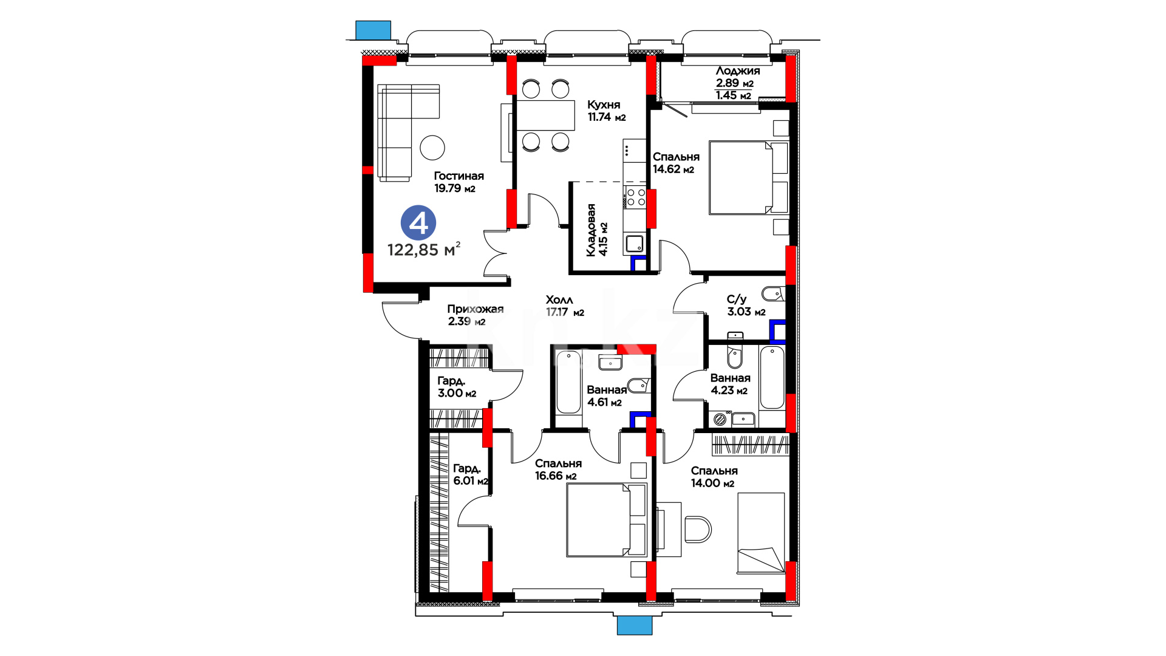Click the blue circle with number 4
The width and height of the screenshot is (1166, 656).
[418, 223]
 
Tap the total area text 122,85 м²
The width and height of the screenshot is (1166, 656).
[424, 249]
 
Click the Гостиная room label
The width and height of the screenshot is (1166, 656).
[459, 176]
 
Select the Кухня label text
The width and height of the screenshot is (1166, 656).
[604, 104]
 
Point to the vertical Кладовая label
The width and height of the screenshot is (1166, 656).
[591, 230]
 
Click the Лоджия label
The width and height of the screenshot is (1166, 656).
[738, 71]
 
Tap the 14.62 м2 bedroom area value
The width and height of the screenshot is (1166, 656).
[673, 169]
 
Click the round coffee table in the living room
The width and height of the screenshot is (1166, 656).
[432, 148]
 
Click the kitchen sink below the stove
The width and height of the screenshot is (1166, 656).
[635, 244]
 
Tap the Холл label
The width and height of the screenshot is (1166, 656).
[559, 299]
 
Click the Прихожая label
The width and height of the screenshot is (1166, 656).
[476, 309]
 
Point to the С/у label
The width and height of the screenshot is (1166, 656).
[737, 299]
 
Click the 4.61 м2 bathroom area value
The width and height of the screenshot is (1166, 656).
[605, 402]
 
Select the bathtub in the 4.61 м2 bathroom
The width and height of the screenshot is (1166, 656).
[569, 382]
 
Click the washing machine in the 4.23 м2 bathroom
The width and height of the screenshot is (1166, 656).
[721, 419]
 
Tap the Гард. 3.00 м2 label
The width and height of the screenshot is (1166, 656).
[457, 387]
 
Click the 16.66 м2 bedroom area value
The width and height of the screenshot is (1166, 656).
[556, 476]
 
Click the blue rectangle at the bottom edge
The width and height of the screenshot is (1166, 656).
[635, 626]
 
